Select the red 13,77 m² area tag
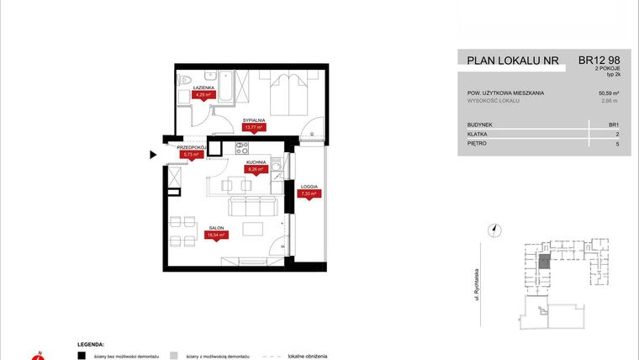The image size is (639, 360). (x=253, y=129)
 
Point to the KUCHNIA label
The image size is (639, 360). (x=256, y=161)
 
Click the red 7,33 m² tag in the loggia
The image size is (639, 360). (x=309, y=193)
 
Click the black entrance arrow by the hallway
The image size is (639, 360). (x=152, y=155)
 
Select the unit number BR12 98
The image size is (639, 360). (x=599, y=61)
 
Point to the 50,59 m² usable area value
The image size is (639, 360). (x=608, y=93)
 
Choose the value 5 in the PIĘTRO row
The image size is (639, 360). (x=617, y=144)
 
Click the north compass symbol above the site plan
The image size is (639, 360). (x=495, y=229)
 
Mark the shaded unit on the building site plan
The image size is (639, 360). (x=544, y=262)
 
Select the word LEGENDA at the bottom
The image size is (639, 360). (x=91, y=343)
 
